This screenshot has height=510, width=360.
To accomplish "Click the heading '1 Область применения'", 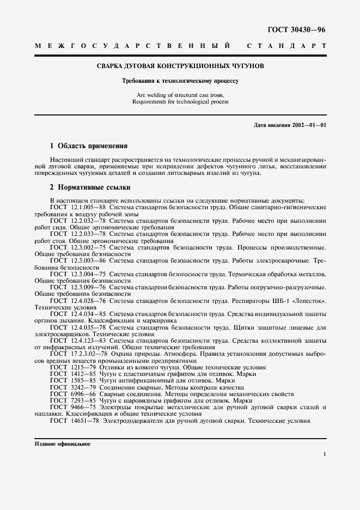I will pos(88,146).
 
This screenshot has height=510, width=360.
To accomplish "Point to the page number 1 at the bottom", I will pos(324,453).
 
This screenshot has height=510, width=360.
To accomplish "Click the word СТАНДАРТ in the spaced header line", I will pos(286,46).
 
